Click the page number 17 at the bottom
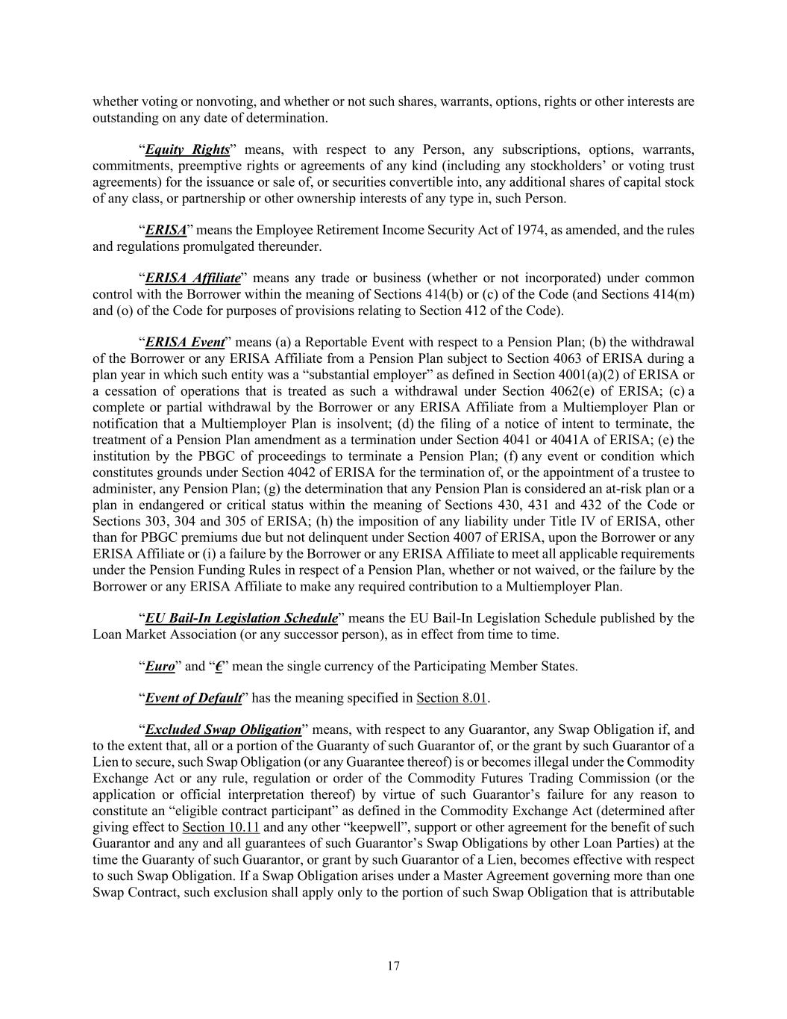pyautogui.click(x=393, y=966)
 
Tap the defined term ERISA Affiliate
pyautogui.click(x=192, y=278)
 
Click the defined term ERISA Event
pyautogui.click(x=184, y=342)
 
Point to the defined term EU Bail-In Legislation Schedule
pyautogui.click(x=241, y=618)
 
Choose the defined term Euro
pyautogui.click(x=160, y=666)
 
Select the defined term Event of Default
pyautogui.click(x=193, y=698)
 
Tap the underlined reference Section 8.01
pyautogui.click(x=451, y=698)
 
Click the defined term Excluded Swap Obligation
pyautogui.click(x=223, y=729)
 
